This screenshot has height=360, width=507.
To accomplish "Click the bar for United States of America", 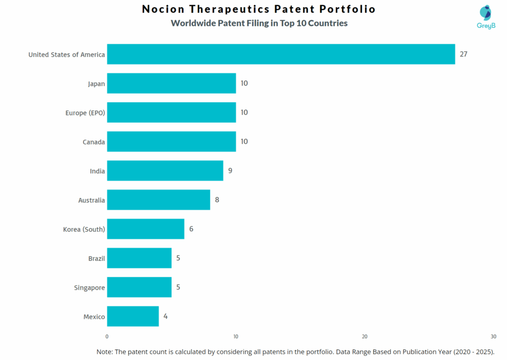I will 281,54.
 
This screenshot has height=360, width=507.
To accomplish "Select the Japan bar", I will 171,83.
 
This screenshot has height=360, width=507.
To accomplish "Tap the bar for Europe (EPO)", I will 171,112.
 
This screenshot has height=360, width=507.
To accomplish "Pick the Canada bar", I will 171,142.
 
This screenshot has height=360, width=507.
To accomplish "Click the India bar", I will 165,171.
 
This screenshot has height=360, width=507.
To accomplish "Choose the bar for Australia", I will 158,200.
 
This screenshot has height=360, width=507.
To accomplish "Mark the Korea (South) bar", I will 146,229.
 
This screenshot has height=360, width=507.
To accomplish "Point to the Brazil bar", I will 139,258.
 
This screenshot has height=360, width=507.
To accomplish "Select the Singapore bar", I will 139,287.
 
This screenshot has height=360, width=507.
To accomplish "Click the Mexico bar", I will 133,316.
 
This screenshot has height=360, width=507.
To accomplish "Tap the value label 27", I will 463,54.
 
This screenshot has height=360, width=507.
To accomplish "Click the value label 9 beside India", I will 230,171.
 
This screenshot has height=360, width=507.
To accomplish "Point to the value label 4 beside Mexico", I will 165,316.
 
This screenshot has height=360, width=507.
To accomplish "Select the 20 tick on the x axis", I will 364,337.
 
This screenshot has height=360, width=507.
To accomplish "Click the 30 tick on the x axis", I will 493,337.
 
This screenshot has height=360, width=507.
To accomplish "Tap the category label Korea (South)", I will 84,229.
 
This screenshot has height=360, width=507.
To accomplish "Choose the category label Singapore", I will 89,288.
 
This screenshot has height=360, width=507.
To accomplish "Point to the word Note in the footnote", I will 104,352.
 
